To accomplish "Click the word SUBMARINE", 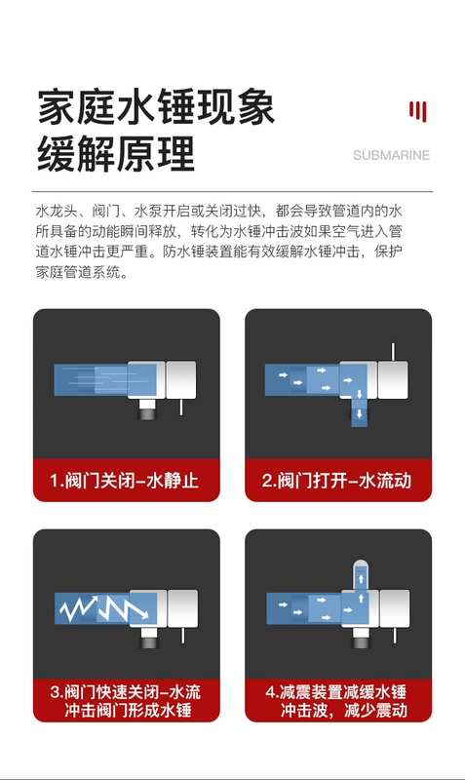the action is click(391, 155).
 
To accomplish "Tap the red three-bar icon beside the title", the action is click(418, 111).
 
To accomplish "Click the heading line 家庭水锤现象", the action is click(156, 107).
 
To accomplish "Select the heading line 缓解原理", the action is click(116, 154).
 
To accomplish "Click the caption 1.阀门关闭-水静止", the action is click(125, 481).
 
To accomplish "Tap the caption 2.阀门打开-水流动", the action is click(336, 481).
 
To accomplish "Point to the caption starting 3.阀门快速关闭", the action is click(126, 701).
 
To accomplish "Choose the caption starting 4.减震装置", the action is click(336, 701).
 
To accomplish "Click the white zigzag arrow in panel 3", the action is click(103, 607).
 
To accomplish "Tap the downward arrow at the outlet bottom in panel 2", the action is click(359, 413).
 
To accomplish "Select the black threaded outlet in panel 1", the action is click(148, 409).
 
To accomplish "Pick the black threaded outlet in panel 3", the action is click(149, 638).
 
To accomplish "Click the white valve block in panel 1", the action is click(181, 380).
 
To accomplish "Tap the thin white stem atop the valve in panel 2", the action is click(393, 352).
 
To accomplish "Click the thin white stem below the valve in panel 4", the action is click(396, 636).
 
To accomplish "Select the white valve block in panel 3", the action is click(182, 608).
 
